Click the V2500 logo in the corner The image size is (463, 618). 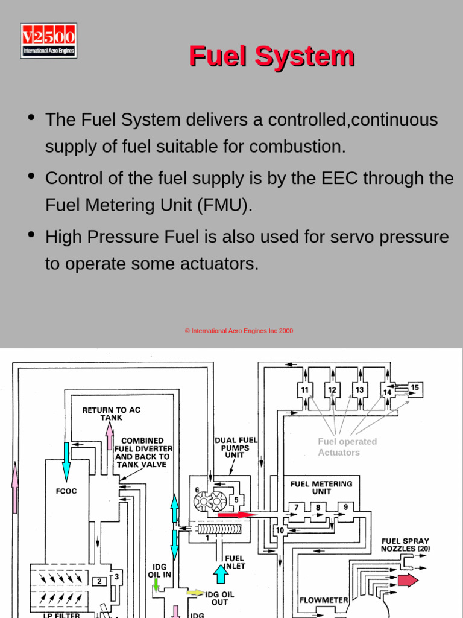tap(49, 40)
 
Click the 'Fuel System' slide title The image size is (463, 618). tap(271, 56)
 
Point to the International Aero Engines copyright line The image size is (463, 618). tap(239, 331)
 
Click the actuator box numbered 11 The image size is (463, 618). tap(305, 390)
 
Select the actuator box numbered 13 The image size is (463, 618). tap(359, 390)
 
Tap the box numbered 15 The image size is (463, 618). tap(415, 387)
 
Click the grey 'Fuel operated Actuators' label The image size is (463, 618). tap(347, 447)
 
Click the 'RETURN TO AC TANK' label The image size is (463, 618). tap(111, 413)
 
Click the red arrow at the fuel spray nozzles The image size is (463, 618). tap(408, 581)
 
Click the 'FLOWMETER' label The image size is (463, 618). tap(324, 600)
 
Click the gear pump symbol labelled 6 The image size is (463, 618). tap(209, 500)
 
